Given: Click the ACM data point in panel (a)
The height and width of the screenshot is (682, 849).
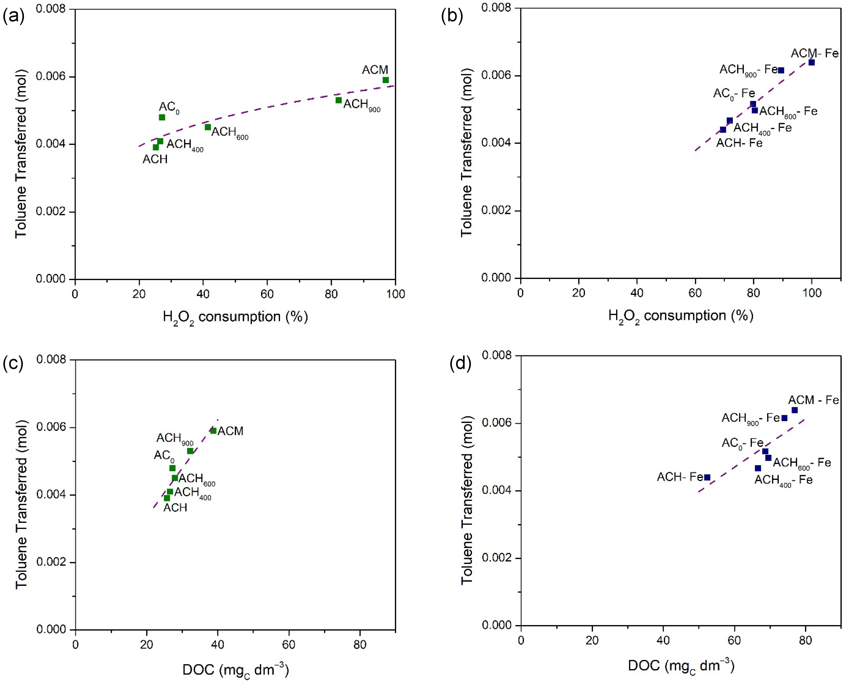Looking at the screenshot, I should click(x=386, y=80).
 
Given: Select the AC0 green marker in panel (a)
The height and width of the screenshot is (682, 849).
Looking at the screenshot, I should click(x=162, y=118).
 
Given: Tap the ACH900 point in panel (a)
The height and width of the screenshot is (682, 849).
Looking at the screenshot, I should click(x=338, y=100).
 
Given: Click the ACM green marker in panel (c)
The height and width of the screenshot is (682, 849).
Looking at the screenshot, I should click(x=213, y=431).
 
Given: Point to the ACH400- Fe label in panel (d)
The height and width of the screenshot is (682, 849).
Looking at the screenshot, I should click(x=783, y=481).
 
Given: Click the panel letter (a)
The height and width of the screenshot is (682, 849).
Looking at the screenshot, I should click(x=13, y=17).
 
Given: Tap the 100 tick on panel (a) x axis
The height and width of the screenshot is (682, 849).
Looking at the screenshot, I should click(x=395, y=294).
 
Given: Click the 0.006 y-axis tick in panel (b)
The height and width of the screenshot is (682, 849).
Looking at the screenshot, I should click(x=496, y=75).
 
